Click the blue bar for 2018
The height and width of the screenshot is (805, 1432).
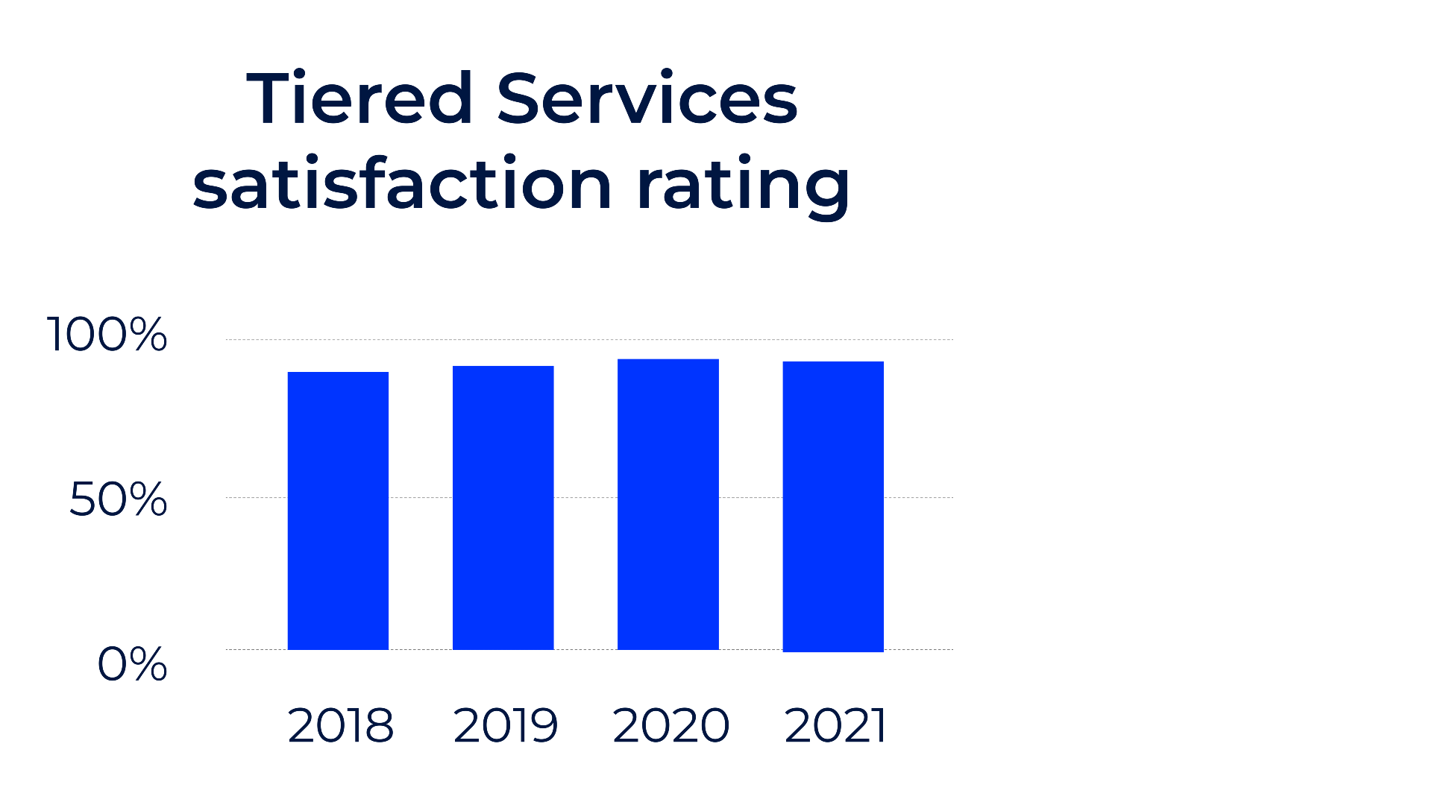point(338,511)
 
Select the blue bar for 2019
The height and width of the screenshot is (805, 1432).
point(503,508)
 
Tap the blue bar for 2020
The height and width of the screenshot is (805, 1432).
point(668,505)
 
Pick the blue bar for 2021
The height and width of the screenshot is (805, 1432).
point(833,506)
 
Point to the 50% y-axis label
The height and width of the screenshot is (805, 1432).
point(118,499)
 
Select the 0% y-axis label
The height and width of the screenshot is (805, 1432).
point(132,664)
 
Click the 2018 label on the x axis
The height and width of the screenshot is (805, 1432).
point(340,725)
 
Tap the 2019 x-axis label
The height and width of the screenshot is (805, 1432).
point(505,725)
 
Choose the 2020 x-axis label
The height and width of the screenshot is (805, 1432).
point(671,725)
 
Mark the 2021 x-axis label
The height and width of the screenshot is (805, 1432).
point(835,725)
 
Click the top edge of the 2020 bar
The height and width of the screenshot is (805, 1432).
point(668,360)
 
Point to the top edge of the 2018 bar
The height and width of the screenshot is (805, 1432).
point(338,373)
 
